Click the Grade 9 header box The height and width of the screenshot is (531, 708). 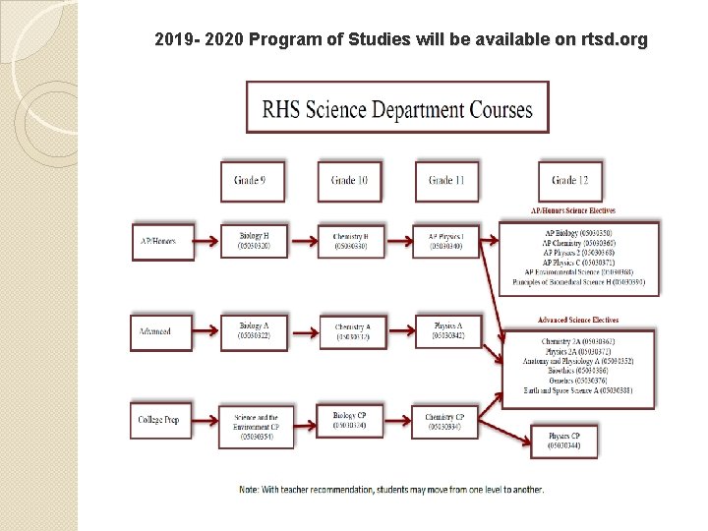click(250, 181)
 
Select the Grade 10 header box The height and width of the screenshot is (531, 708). click(349, 181)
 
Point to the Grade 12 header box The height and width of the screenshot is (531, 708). click(570, 181)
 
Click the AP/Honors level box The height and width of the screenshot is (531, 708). click(156, 241)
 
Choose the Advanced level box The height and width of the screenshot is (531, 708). click(156, 331)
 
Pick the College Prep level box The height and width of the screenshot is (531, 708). click(156, 420)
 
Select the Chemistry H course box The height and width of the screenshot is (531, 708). click(351, 241)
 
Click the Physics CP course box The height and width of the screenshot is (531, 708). click(563, 440)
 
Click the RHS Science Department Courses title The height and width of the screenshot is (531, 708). click(396, 109)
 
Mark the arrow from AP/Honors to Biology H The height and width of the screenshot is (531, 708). click(202, 241)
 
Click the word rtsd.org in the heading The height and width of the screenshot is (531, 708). click(614, 40)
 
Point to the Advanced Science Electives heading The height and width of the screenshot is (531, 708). click(577, 321)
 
